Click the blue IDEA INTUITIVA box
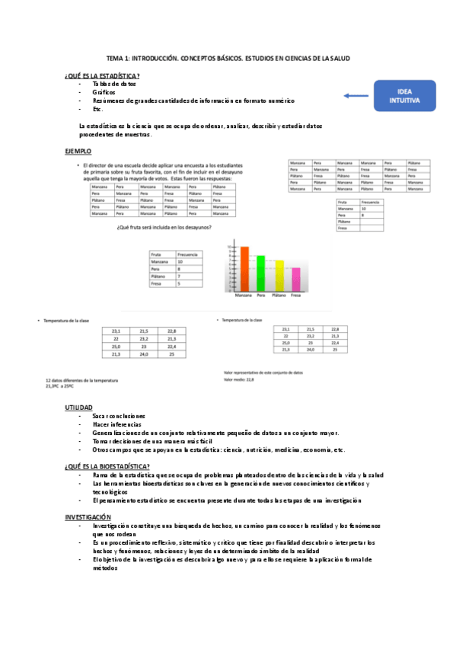coord(403,96)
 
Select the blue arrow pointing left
coord(355,96)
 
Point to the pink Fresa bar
coord(296,280)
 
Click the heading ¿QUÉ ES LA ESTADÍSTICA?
coord(102,75)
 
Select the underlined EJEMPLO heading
coord(78,152)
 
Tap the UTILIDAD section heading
coord(80,408)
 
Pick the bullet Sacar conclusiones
coord(118,417)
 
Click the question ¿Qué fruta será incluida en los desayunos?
coord(164,227)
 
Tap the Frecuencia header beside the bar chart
coord(188,254)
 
